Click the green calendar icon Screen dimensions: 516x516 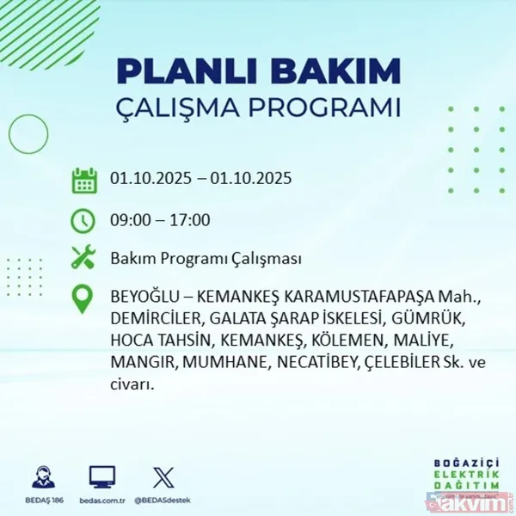coord(83,181)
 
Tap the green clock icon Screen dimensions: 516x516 coord(83,220)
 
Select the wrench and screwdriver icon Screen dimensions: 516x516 coord(83,258)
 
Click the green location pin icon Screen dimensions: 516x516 coord(83,298)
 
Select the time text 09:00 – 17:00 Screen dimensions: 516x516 coord(160,220)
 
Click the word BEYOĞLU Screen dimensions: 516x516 coord(143,298)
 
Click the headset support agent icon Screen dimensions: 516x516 coord(43,477)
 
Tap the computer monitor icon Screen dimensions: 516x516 coord(102,477)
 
